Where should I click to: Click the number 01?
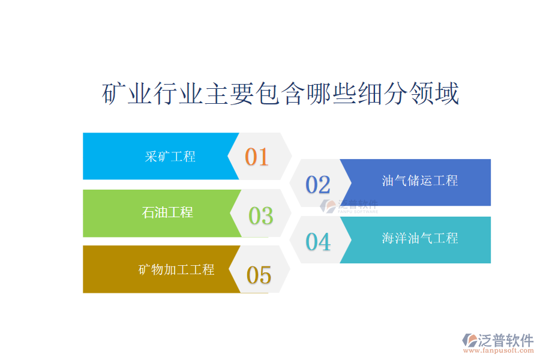[257, 157]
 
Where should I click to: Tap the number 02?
[318, 185]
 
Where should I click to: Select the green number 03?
[261, 215]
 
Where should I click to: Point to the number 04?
[318, 241]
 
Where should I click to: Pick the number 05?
[259, 275]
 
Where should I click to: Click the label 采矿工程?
[170, 157]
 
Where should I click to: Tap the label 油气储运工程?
[420, 181]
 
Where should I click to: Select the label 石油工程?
[167, 212]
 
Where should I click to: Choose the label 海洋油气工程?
[420, 238]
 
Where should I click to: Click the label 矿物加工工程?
[176, 269]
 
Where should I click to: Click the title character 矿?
[114, 94]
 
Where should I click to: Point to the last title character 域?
[446, 94]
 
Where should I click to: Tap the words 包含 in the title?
[280, 94]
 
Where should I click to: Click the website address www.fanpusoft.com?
[498, 350]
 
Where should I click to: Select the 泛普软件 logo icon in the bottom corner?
[469, 340]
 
